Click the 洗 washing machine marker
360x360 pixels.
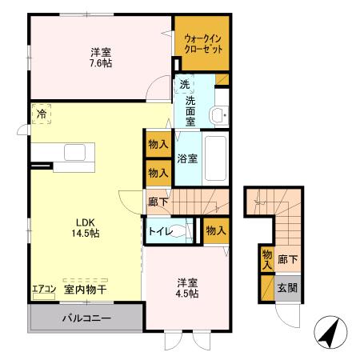(x=185, y=85)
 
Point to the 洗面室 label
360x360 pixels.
(x=191, y=110)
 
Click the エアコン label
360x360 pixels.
(x=44, y=289)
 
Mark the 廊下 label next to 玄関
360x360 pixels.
(x=288, y=260)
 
